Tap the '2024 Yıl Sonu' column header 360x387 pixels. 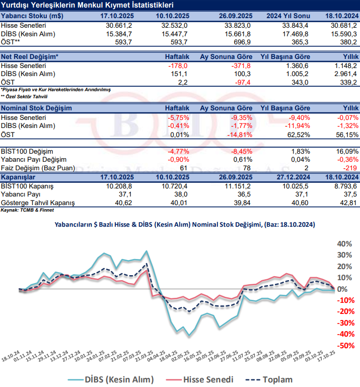pyautogui.click(x=284, y=16)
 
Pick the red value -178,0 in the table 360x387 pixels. pyautogui.click(x=178, y=66)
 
